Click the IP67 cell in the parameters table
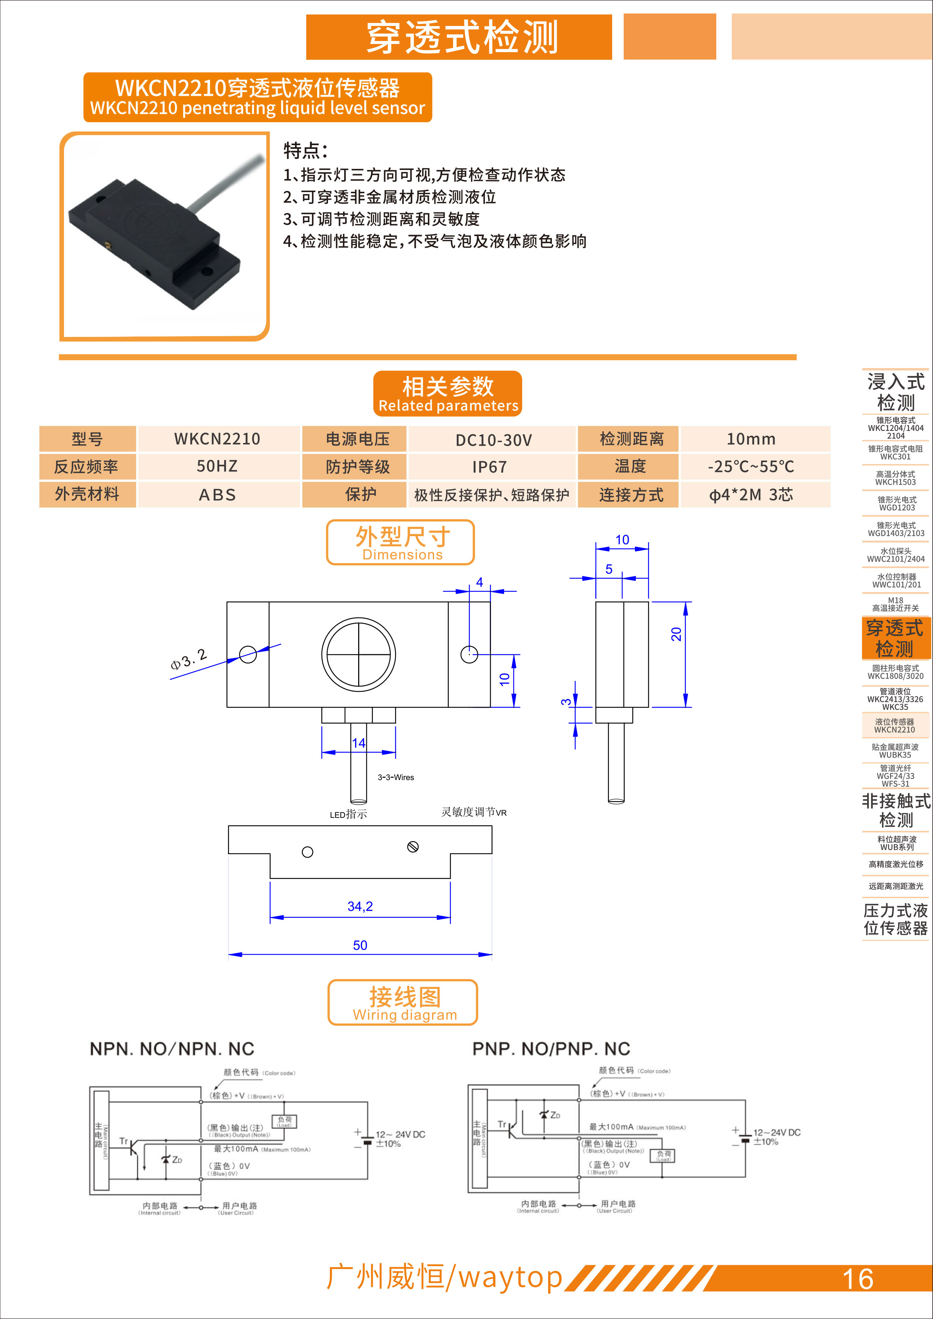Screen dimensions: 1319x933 pos(490,467)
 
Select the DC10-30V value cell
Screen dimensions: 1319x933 pos(493,440)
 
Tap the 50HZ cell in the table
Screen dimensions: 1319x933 pos(217,467)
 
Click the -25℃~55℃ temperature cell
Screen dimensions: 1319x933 pos(751,467)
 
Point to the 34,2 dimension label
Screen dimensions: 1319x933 pos(360,906)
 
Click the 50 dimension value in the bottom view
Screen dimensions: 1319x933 pos(360,945)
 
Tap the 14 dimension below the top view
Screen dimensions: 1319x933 pos(359,743)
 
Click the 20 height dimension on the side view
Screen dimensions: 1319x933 pos(676,634)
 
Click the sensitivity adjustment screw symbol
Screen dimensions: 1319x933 pos(413,847)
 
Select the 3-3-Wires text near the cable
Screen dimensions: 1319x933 pos(395,777)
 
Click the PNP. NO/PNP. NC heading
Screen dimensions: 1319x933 pos(551,1048)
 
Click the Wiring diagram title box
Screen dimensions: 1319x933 pos(403,1002)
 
